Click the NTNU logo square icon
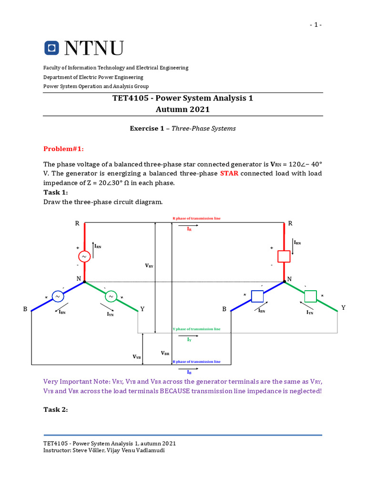51,48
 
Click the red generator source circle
84,256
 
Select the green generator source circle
111,296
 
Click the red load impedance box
284,256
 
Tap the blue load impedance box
258,296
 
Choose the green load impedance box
310,296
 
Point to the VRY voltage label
149,266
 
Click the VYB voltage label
137,356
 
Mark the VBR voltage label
165,353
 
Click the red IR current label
189,229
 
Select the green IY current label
189,339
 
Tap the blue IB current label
189,372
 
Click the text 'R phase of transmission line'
196,218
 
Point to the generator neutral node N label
79,278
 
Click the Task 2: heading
56,409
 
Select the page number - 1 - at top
315,25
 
